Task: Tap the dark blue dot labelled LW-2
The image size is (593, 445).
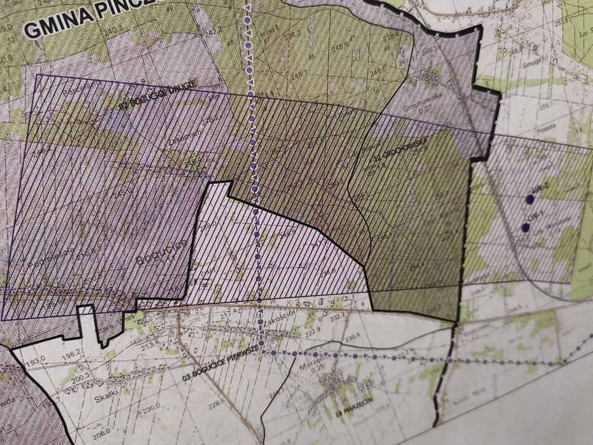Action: [x=529, y=200]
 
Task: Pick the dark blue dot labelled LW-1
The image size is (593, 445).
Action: [x=525, y=228]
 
